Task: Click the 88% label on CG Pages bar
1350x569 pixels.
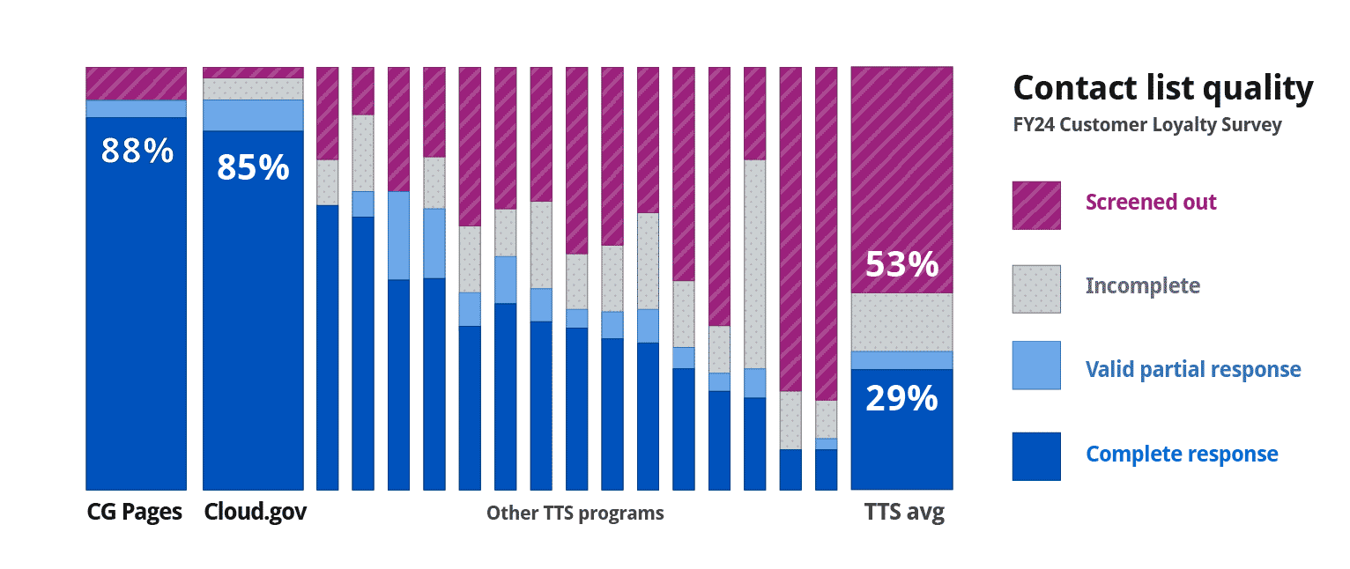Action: point(137,151)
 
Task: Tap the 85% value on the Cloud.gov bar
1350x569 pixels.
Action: point(253,166)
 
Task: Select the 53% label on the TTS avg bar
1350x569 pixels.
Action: point(901,263)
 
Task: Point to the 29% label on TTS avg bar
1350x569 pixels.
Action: point(901,399)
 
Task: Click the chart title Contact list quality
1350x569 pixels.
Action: point(1162,88)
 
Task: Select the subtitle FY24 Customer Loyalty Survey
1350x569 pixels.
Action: point(1146,125)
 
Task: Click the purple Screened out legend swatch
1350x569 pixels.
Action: point(1036,205)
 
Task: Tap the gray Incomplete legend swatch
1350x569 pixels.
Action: point(1036,289)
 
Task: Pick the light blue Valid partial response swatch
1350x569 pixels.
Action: point(1036,365)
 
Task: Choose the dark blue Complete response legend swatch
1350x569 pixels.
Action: point(1036,455)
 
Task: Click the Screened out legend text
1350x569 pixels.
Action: point(1151,202)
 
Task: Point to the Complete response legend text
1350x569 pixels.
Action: point(1182,454)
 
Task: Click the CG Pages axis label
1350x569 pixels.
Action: point(135,513)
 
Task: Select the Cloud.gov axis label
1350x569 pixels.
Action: point(255,513)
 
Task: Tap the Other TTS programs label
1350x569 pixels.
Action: point(575,513)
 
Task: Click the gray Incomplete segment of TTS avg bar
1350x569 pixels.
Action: point(901,321)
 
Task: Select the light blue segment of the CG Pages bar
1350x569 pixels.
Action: point(137,108)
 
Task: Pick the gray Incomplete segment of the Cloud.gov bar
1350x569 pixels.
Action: point(253,89)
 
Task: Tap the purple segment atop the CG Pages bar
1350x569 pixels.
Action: point(137,83)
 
